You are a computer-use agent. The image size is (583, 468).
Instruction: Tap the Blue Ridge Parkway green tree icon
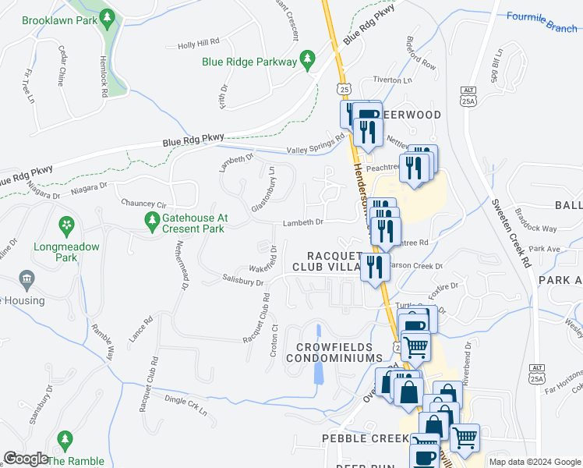308,60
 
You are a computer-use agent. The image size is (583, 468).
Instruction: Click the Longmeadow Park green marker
67,226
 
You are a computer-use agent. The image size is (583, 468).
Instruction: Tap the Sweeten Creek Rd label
511,234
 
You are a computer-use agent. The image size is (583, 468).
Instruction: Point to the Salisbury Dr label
242,279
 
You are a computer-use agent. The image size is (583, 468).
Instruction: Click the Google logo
25,459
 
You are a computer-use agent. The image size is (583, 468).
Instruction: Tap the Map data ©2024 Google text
534,462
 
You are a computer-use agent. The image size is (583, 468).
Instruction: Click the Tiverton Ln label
392,80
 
